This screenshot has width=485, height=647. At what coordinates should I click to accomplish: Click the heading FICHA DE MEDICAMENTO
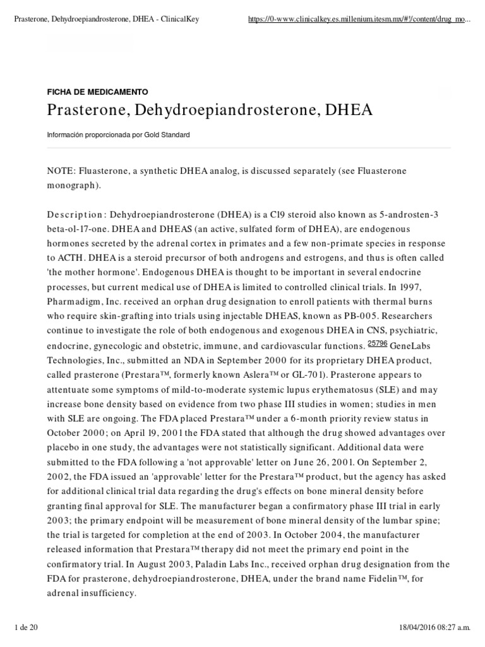click(97, 92)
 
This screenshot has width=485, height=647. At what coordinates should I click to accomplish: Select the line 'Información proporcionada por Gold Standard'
click(118, 135)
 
